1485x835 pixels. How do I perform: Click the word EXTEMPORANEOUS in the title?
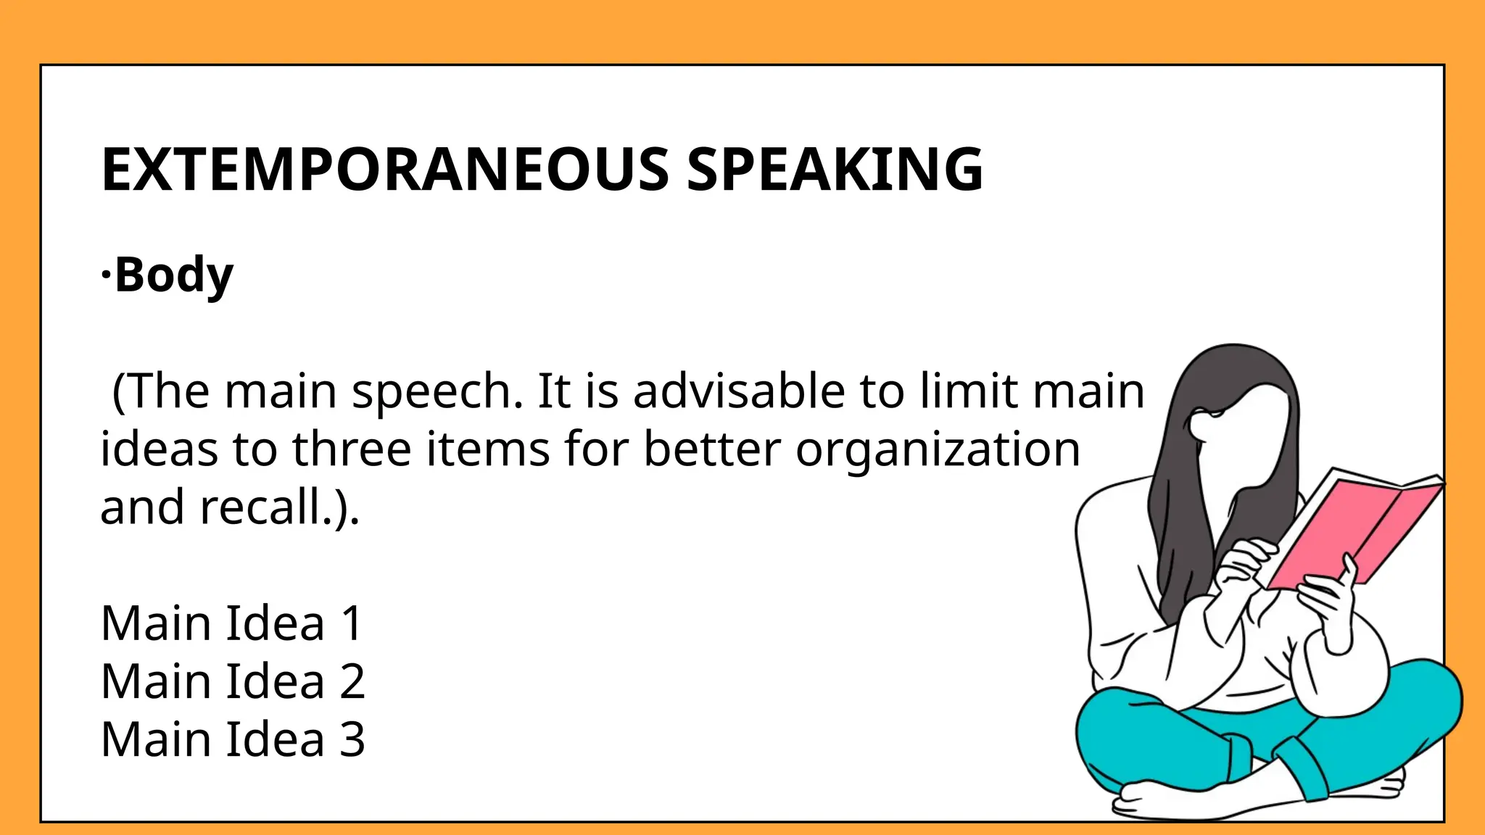[x=385, y=170]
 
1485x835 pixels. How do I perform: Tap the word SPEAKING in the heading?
[x=834, y=170]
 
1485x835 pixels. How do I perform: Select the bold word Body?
[x=174, y=275]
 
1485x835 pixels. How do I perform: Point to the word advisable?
[x=739, y=391]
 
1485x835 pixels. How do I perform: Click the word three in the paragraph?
[x=352, y=449]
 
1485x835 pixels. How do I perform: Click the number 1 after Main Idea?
[x=352, y=623]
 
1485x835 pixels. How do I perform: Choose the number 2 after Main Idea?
[x=352, y=681]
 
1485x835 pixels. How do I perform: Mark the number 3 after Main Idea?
[x=352, y=739]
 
